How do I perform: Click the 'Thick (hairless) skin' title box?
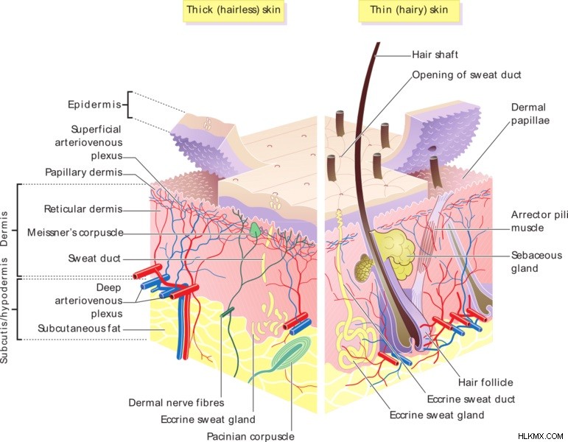tap(234, 10)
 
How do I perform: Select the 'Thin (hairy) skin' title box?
tap(409, 10)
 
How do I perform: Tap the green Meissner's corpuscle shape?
tap(256, 230)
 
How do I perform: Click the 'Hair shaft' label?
tap(435, 55)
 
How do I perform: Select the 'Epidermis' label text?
tap(94, 105)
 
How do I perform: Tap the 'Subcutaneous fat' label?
tap(79, 329)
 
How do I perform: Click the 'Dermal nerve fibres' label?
tap(176, 402)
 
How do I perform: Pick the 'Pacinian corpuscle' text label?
tap(250, 437)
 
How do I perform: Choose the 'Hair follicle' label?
tap(485, 382)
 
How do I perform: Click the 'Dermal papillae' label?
tap(530, 113)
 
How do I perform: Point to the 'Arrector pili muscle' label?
tap(539, 221)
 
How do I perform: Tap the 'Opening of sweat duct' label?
tap(466, 75)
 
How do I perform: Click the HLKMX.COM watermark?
tap(541, 436)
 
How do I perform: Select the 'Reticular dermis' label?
tap(83, 209)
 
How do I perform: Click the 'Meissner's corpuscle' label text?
tap(75, 232)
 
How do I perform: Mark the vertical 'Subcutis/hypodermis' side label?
tap(4, 310)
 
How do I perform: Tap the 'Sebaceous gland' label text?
tap(536, 262)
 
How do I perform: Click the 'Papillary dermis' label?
tap(84, 172)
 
